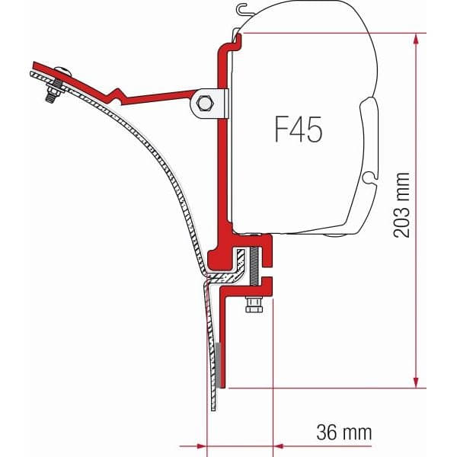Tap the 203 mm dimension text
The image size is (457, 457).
[402, 204]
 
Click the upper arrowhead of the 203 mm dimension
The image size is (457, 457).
[416, 39]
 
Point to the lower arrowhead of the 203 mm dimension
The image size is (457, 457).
[416, 384]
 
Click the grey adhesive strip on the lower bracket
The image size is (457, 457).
[219, 365]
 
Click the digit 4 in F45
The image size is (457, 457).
[294, 129]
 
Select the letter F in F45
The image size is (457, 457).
[273, 129]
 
